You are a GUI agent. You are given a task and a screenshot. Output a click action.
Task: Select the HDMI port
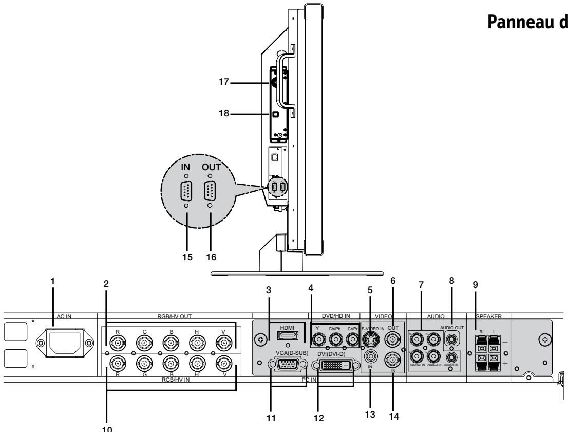[x=286, y=337]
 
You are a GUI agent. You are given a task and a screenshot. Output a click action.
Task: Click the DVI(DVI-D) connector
[x=333, y=365]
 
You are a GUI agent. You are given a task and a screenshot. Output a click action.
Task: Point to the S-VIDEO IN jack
[x=370, y=339]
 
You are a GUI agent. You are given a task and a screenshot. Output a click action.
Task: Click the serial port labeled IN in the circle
[x=186, y=193]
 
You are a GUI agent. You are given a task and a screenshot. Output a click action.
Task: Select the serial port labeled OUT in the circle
[x=210, y=193]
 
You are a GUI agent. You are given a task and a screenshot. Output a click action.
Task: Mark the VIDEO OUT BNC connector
[x=394, y=339]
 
